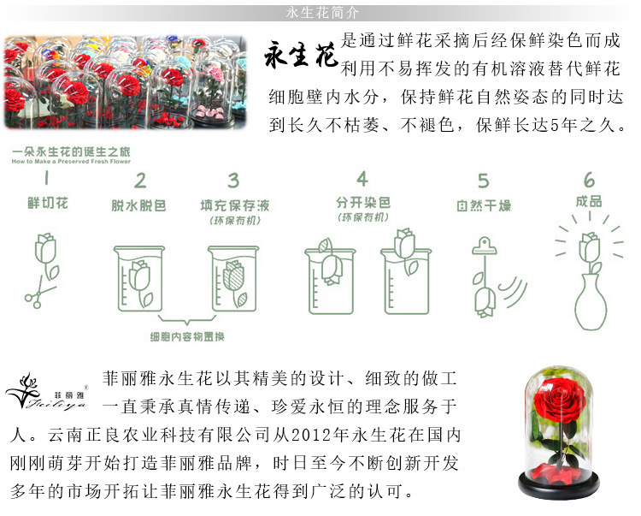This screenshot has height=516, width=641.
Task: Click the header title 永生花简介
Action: click(x=322, y=13)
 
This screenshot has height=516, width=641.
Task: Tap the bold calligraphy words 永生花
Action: click(x=302, y=56)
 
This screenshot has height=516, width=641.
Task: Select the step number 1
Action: click(x=47, y=178)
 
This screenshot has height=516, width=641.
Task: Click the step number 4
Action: click(x=362, y=179)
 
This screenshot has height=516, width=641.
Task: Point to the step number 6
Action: click(x=589, y=180)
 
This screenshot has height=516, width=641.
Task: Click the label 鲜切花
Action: click(x=47, y=203)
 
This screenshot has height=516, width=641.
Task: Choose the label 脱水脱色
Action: click(x=138, y=205)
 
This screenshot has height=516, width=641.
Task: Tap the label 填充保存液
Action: click(x=235, y=205)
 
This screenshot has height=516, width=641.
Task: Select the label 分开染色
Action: click(x=363, y=203)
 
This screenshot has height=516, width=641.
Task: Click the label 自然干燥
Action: click(x=484, y=205)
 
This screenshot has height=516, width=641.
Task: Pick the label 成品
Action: click(x=589, y=201)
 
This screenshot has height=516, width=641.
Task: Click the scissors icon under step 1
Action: click(x=38, y=294)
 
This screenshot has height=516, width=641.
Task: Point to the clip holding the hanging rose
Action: click(x=485, y=246)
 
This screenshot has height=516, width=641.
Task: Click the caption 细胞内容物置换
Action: click(x=187, y=337)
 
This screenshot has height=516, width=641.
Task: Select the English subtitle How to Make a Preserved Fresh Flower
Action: click(x=71, y=162)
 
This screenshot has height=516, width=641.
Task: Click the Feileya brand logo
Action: click(x=47, y=392)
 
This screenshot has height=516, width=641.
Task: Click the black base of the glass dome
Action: click(x=559, y=486)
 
